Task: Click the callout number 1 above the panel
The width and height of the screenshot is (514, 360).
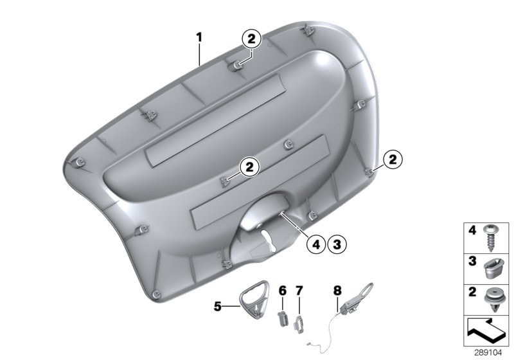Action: [x=200, y=37]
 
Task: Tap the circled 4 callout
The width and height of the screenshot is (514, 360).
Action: [x=315, y=243]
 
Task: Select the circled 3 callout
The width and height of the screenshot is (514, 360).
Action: [x=336, y=243]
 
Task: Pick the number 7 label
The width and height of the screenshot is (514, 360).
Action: [x=299, y=291]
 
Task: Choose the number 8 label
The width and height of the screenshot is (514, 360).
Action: [x=337, y=291]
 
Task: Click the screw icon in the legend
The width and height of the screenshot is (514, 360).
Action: [x=493, y=237]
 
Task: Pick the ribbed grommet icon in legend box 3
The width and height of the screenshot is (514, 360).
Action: [x=493, y=267]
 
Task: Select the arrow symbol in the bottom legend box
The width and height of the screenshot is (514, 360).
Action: [x=486, y=331]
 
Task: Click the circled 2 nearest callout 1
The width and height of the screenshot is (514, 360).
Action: [x=251, y=39]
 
